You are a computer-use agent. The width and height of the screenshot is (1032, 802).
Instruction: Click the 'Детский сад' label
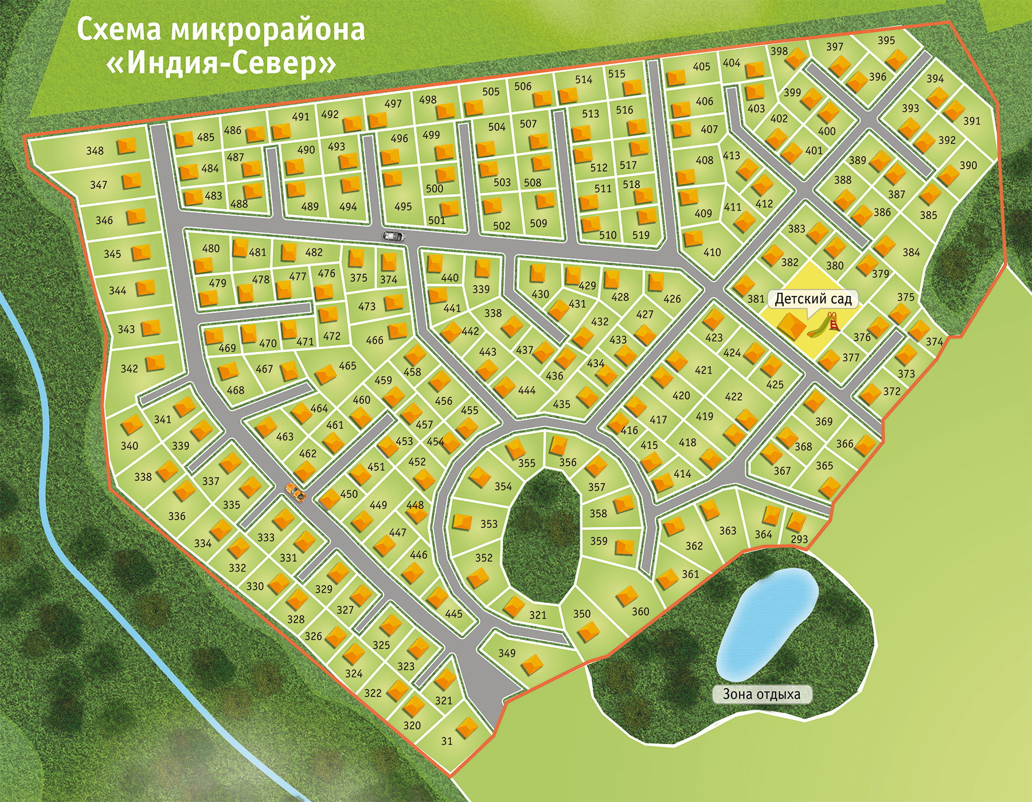(813, 299)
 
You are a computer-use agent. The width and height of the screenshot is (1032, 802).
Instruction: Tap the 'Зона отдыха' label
(761, 694)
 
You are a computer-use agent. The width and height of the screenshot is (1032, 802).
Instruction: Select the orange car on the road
(296, 492)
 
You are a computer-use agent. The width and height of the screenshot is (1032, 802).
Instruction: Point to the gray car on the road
(394, 235)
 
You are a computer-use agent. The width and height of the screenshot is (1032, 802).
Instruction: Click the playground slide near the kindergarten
(826, 325)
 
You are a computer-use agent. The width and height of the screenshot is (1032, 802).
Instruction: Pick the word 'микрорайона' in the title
(267, 30)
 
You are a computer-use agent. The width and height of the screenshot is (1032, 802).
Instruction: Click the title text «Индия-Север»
(221, 63)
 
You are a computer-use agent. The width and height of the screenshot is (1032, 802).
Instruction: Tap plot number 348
(95, 151)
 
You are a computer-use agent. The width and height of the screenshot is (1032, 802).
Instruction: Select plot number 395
(886, 41)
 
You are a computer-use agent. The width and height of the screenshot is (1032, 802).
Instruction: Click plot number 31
(447, 741)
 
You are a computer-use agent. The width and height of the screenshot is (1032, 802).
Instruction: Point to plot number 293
(799, 539)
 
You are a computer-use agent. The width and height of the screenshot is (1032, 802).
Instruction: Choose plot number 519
(640, 235)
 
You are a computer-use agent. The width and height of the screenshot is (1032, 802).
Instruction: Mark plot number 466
(374, 340)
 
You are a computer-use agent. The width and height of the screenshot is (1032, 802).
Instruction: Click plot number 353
(488, 524)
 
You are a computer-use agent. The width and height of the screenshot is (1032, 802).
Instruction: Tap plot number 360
(640, 612)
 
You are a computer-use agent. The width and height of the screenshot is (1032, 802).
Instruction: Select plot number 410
(712, 252)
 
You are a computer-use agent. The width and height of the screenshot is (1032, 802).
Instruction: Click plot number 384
(910, 252)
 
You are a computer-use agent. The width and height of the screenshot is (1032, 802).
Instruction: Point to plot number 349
(507, 653)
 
